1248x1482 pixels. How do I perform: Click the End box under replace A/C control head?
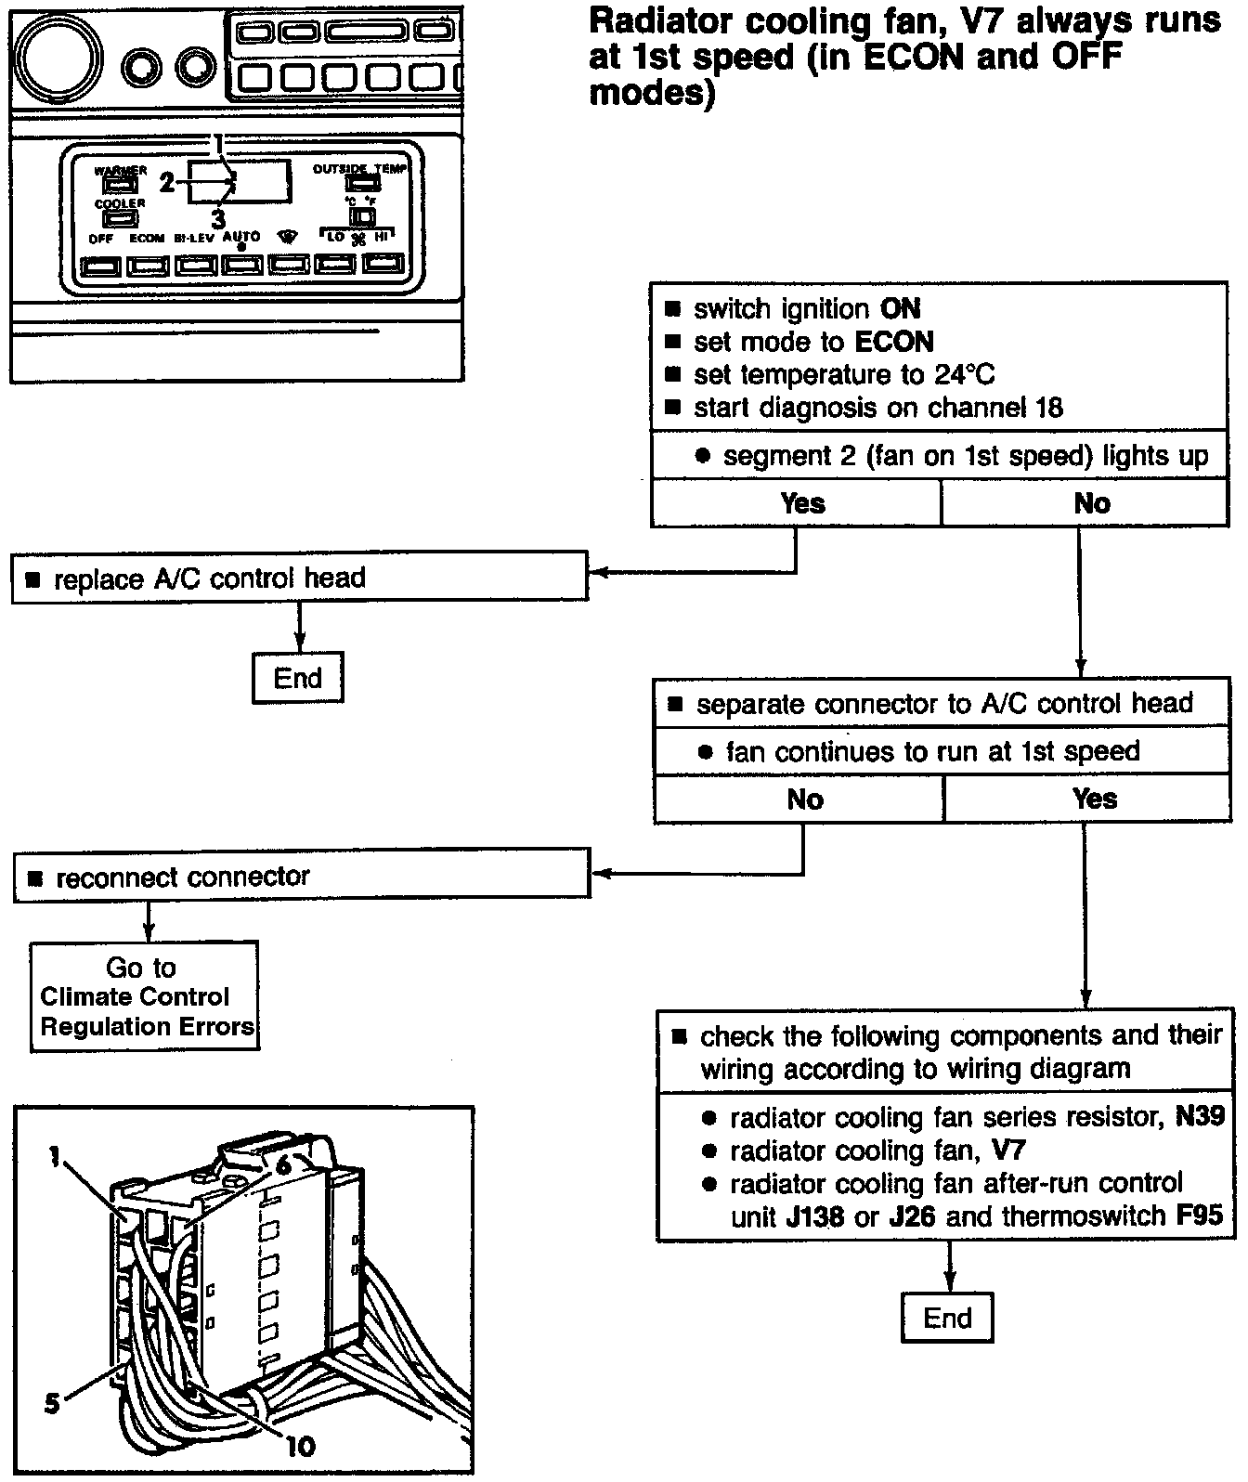pos(297,678)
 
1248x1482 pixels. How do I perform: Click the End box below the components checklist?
pos(946,1318)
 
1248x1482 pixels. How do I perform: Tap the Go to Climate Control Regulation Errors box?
pos(145,996)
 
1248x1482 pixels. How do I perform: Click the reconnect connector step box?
pos(301,877)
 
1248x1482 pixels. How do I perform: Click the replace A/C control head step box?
pos(299,578)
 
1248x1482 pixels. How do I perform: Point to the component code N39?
pos(1200,1117)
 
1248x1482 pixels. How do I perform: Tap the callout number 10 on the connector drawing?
pos(300,1445)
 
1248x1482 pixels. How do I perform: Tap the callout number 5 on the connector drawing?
pos(52,1401)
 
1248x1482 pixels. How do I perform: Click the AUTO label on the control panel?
pos(241,237)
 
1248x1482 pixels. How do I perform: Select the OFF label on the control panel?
pos(101,239)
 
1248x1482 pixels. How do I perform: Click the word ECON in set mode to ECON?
pos(893,342)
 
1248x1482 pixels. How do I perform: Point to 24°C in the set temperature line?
pos(960,374)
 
